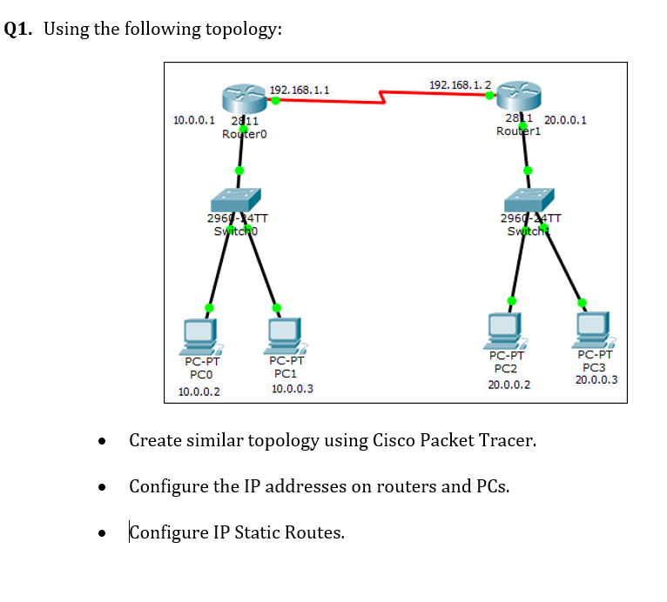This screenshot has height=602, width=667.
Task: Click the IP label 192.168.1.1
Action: click(300, 90)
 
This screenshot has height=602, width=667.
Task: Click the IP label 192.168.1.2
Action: click(460, 84)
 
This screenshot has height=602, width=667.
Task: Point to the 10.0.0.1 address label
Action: click(195, 120)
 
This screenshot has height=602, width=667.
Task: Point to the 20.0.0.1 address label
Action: click(565, 120)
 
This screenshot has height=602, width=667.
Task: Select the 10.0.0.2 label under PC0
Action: click(199, 392)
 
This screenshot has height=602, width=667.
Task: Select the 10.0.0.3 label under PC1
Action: click(293, 390)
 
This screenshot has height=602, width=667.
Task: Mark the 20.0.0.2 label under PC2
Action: click(509, 384)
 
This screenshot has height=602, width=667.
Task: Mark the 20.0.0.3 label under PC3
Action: click(596, 379)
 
